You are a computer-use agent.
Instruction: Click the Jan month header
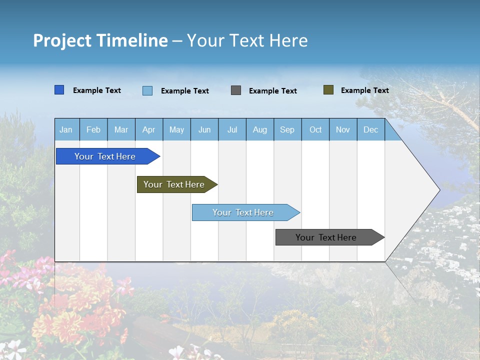tap(66, 129)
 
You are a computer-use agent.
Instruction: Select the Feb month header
tap(93, 129)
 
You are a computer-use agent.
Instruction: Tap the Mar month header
tap(121, 129)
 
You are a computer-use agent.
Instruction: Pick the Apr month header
tap(149, 129)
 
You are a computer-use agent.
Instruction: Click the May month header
tap(176, 129)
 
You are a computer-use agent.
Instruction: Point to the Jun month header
tap(204, 129)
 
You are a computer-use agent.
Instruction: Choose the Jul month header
tap(232, 129)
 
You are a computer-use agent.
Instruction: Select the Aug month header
tap(260, 129)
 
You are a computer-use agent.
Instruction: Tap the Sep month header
tap(287, 129)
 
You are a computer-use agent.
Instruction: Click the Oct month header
tap(315, 129)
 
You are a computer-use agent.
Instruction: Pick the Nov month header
tap(343, 129)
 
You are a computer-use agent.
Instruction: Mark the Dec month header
tap(371, 129)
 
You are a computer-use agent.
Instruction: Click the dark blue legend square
tap(59, 90)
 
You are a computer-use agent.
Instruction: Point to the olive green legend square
tap(328, 90)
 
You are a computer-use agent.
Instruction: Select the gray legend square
tap(236, 90)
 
